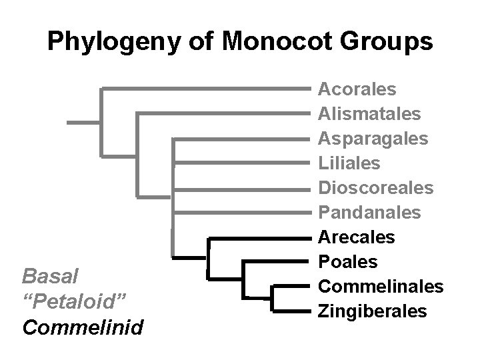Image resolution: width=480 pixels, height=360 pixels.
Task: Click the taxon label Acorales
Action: tap(357, 89)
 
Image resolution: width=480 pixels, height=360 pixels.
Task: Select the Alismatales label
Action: tap(369, 113)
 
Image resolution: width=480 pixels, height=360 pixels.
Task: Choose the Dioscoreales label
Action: tap(376, 187)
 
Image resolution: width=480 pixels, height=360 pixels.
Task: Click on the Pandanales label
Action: tap(369, 212)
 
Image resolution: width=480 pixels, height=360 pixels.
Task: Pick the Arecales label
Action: tap(357, 237)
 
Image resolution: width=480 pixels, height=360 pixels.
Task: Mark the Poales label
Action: tap(347, 261)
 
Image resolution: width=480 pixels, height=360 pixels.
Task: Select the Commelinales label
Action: tap(381, 286)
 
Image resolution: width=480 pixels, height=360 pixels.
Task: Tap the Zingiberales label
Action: tap(373, 311)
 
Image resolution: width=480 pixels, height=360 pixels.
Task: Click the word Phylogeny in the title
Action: tap(114, 42)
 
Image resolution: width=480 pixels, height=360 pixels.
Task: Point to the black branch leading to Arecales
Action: tap(260, 237)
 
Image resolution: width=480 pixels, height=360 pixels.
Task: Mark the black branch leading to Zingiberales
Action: tap(293, 311)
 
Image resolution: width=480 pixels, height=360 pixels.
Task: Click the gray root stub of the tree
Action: tap(83, 123)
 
